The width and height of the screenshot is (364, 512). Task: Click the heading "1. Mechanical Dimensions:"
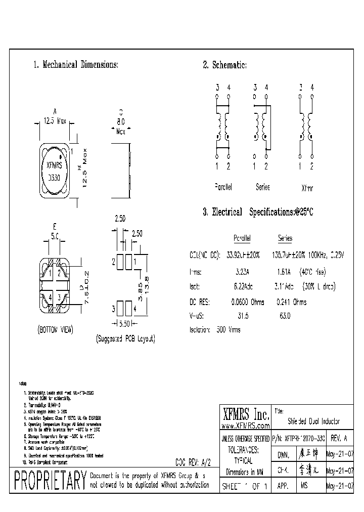(76, 65)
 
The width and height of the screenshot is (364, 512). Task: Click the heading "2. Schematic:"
(224, 65)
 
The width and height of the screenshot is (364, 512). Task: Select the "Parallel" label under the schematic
(223, 187)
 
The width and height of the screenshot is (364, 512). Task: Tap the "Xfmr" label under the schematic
(307, 187)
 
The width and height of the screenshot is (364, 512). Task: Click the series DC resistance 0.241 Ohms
(292, 302)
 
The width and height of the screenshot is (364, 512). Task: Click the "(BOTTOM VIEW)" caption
(55, 329)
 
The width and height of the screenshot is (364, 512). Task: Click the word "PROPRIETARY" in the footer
(49, 480)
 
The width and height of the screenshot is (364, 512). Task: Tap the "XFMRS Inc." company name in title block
(245, 415)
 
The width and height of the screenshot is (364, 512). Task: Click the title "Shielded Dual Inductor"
(314, 421)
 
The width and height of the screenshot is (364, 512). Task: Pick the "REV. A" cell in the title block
(339, 439)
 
